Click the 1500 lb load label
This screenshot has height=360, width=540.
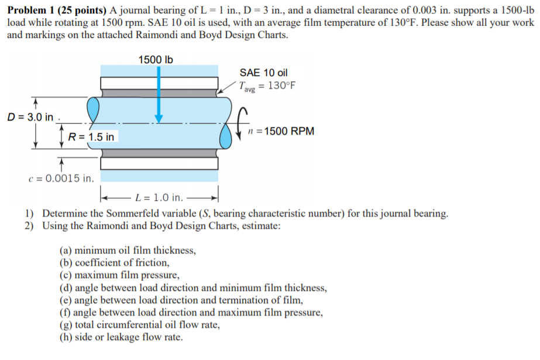tap(155, 60)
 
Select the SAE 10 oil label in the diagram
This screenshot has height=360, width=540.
tap(264, 73)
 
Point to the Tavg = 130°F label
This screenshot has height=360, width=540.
tap(267, 85)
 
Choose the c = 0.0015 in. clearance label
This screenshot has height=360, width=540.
tap(61, 178)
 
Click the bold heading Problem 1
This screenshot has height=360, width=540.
tap(30, 8)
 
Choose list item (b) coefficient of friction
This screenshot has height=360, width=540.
tap(115, 263)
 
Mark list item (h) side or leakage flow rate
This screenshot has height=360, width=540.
tap(121, 337)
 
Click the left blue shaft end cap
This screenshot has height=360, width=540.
tap(94, 108)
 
